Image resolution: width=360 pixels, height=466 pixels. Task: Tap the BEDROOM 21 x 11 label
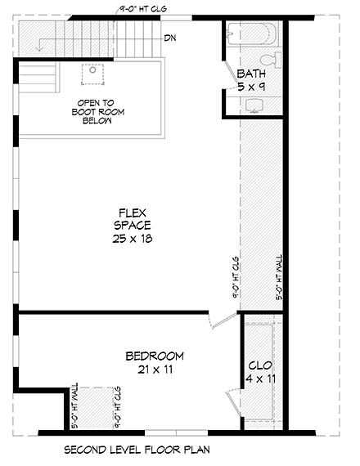click(x=154, y=363)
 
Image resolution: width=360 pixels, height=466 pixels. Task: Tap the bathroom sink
click(x=254, y=105)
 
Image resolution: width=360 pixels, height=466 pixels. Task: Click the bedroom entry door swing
click(x=218, y=320)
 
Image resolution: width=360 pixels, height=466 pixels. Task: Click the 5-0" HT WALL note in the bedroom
click(x=74, y=406)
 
